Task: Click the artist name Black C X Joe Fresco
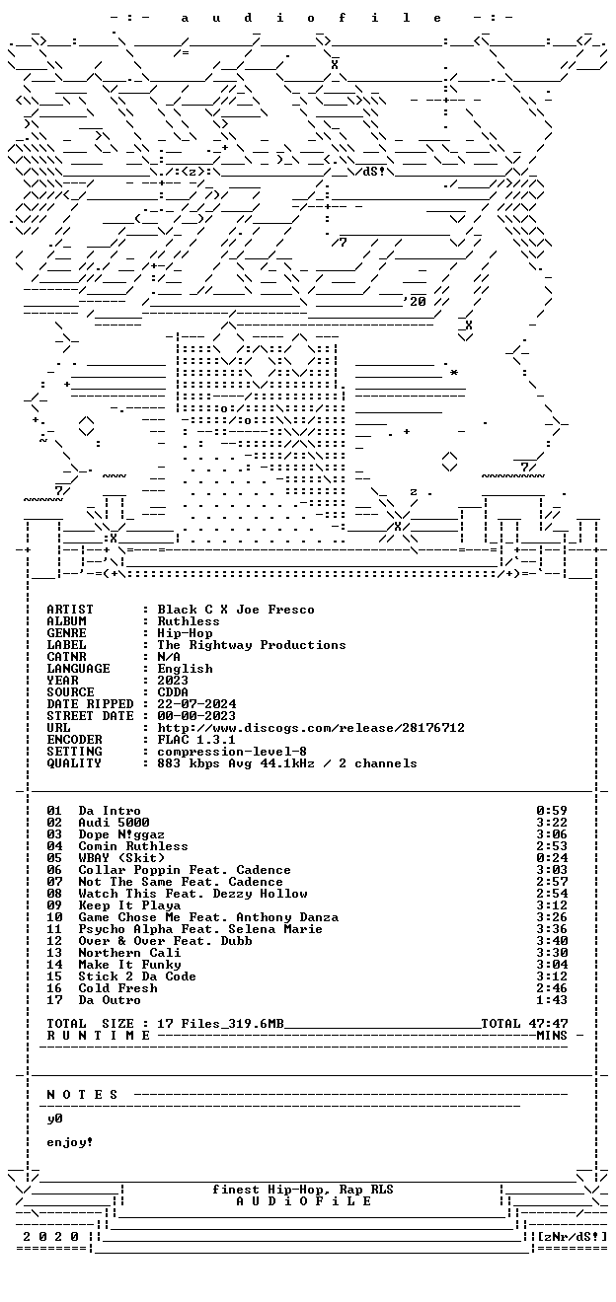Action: (236, 610)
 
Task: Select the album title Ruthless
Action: (189, 621)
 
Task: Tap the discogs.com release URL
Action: (311, 728)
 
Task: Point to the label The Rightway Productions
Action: (252, 645)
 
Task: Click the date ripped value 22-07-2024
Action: (196, 704)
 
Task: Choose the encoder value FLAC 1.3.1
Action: (196, 740)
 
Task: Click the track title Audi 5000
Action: (114, 823)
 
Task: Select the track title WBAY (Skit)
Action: (121, 858)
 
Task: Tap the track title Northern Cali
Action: (129, 953)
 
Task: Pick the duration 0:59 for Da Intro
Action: (552, 810)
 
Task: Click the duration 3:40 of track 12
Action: (552, 940)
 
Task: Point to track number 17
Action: (54, 1000)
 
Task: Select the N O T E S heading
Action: (82, 1095)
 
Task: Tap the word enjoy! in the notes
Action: (70, 1142)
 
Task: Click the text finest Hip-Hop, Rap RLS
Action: (302, 1190)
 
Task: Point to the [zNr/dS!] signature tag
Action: (573, 1236)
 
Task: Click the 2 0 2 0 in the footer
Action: (50, 1236)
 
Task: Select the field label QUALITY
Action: (74, 763)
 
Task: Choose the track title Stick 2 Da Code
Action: (137, 976)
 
